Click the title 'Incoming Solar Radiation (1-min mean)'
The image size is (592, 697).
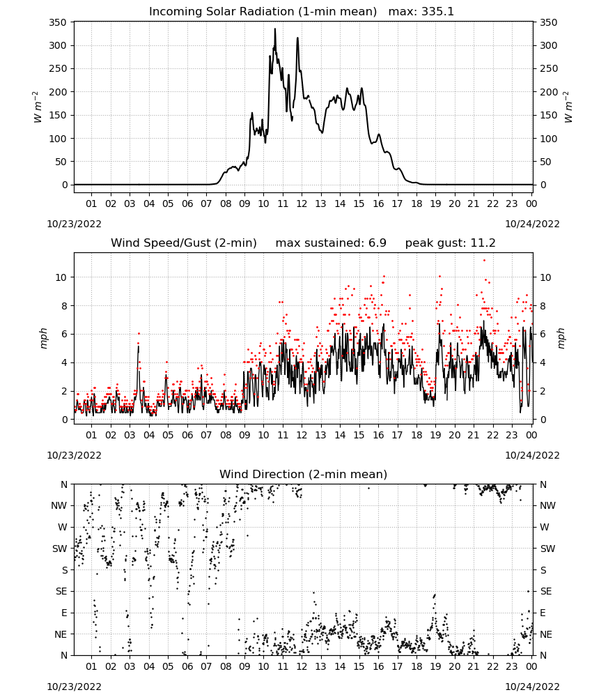click(263, 12)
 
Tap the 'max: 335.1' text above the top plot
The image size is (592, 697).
click(421, 12)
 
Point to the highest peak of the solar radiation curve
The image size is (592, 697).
click(275, 29)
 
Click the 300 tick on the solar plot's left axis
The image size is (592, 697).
click(58, 45)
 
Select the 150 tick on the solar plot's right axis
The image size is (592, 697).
click(549, 115)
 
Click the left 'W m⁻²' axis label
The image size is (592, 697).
click(37, 107)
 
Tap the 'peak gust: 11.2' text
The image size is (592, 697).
click(450, 243)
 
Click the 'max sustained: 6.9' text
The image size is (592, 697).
click(331, 243)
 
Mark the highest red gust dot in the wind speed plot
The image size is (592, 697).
click(485, 261)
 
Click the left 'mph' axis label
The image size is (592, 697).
click(43, 338)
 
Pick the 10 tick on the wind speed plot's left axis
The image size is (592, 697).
click(61, 277)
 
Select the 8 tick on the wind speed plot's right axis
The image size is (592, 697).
click(543, 306)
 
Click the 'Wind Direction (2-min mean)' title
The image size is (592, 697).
click(304, 474)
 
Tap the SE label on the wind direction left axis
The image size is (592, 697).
click(61, 591)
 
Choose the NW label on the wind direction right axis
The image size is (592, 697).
click(547, 505)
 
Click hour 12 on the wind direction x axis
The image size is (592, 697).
click(302, 666)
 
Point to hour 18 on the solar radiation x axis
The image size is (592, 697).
click(416, 204)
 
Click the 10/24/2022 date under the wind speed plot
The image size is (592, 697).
click(532, 455)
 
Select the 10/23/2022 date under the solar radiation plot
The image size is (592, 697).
click(74, 224)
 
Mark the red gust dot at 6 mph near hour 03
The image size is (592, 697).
click(139, 333)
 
